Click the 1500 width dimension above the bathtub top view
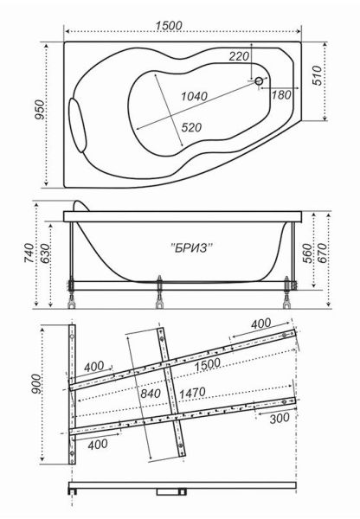click(x=170, y=25)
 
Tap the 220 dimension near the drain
click(x=240, y=57)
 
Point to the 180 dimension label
click(x=280, y=95)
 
